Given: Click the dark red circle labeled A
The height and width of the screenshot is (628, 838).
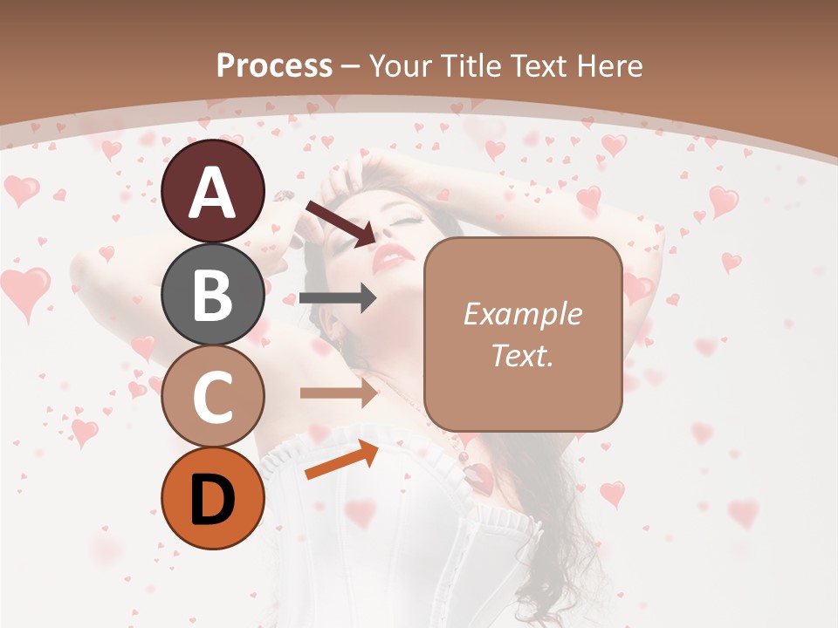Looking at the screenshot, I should (x=213, y=191).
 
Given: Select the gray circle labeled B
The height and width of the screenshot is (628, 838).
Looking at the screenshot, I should (x=213, y=294).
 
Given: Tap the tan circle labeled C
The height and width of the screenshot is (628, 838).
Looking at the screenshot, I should (x=213, y=396).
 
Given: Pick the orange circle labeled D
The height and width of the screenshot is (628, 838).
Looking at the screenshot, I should (x=213, y=498).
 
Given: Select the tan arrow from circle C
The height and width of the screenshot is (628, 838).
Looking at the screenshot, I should (x=338, y=393).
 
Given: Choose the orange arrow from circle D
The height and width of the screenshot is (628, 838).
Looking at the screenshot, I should (x=341, y=460).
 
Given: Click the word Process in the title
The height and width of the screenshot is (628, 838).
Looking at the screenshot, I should (x=274, y=65).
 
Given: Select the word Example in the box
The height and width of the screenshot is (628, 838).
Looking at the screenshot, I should (x=522, y=314).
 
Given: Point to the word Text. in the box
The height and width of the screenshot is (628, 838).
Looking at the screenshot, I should (x=522, y=355).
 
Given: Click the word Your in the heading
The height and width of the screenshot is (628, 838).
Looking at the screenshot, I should (x=401, y=65).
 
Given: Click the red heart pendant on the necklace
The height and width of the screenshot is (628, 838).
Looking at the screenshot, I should (x=479, y=476).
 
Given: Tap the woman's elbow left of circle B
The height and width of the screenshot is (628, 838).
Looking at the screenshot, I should (x=87, y=270).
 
